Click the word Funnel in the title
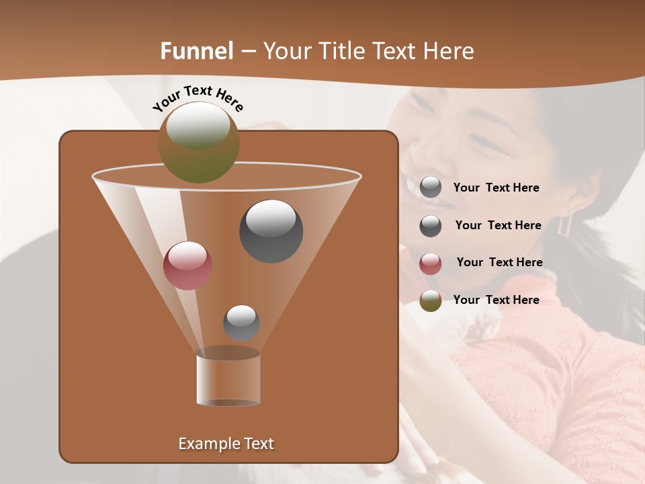click(197, 51)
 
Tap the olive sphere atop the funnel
click(198, 142)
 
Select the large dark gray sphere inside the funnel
click(271, 231)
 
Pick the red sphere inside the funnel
click(187, 266)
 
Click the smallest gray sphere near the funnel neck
click(241, 323)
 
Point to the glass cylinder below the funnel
click(228, 380)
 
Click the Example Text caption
click(226, 444)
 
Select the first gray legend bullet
click(431, 188)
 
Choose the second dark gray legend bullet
click(431, 226)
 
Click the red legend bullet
click(431, 264)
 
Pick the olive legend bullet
click(431, 301)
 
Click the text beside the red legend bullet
click(499, 262)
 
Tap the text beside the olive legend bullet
click(496, 300)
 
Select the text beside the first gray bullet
click(496, 188)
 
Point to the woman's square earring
click(565, 224)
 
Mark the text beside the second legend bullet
click(498, 225)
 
